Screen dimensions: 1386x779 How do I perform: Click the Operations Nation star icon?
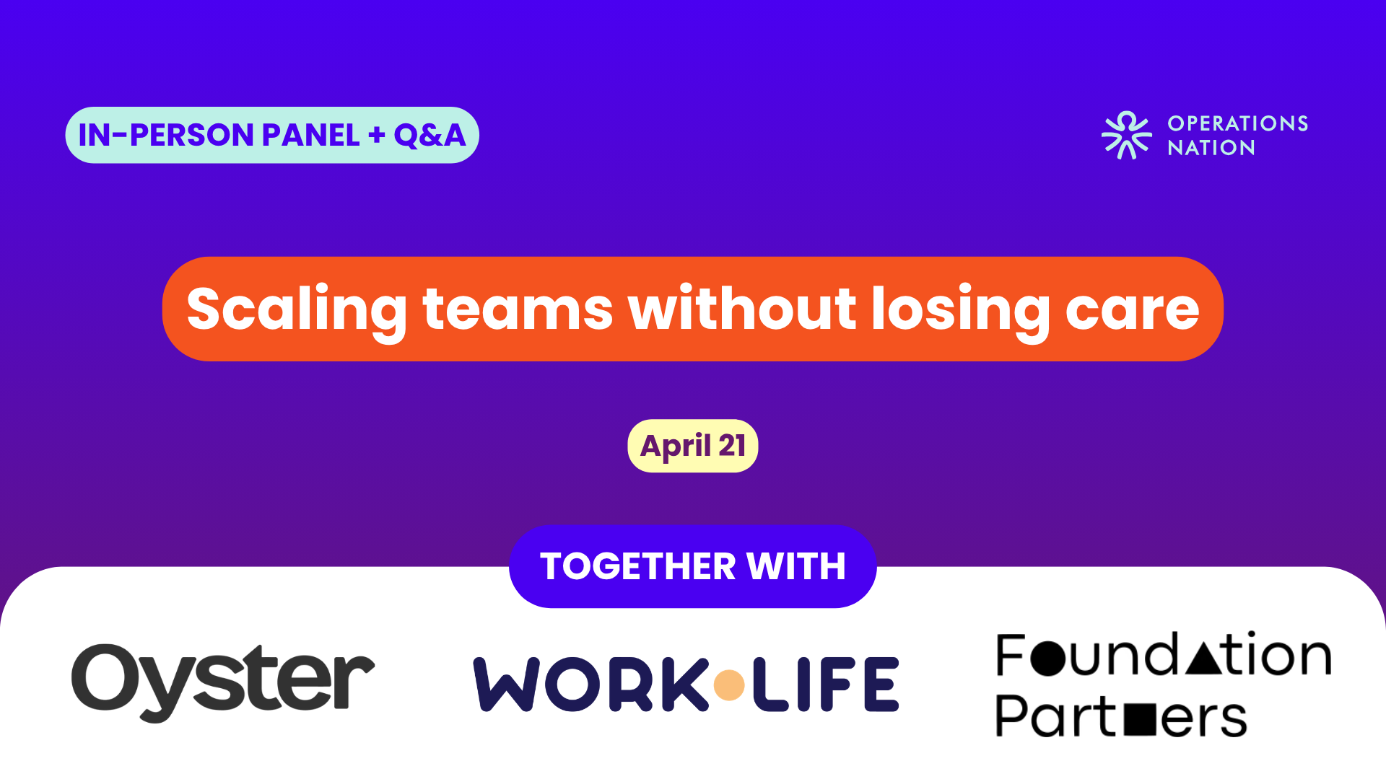click(1127, 135)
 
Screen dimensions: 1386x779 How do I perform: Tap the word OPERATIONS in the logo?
click(1238, 123)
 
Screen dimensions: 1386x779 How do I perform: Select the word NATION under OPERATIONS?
click(1211, 148)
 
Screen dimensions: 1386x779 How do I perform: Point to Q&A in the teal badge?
click(430, 136)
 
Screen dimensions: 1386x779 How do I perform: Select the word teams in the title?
click(518, 309)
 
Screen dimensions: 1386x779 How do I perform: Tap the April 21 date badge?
click(693, 446)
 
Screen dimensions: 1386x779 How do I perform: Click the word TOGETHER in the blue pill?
click(637, 566)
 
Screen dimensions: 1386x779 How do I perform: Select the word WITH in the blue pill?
click(796, 566)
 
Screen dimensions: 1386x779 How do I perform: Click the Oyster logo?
click(223, 682)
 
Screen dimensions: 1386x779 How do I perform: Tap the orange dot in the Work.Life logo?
click(729, 685)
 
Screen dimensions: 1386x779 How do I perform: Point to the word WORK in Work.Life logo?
click(590, 684)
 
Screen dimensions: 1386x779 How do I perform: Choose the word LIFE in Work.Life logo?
click(825, 684)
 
